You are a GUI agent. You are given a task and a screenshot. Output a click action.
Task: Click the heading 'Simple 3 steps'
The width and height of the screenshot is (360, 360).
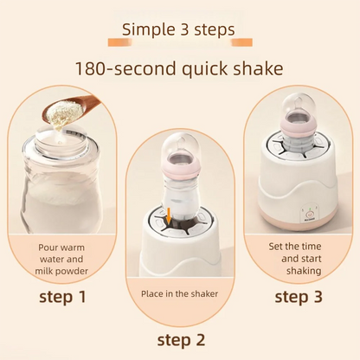(x=177, y=29)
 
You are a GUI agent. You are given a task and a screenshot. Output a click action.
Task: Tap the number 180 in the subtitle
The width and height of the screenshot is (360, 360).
(x=93, y=67)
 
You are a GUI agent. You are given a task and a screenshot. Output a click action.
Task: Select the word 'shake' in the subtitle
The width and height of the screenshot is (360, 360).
(x=253, y=67)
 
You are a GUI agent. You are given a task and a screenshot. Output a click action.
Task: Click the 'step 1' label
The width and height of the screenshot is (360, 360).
(x=62, y=297)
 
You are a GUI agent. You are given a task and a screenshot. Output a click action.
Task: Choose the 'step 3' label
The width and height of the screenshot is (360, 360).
(x=298, y=297)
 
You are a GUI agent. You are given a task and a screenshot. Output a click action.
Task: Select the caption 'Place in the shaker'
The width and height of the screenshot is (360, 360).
(x=180, y=293)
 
